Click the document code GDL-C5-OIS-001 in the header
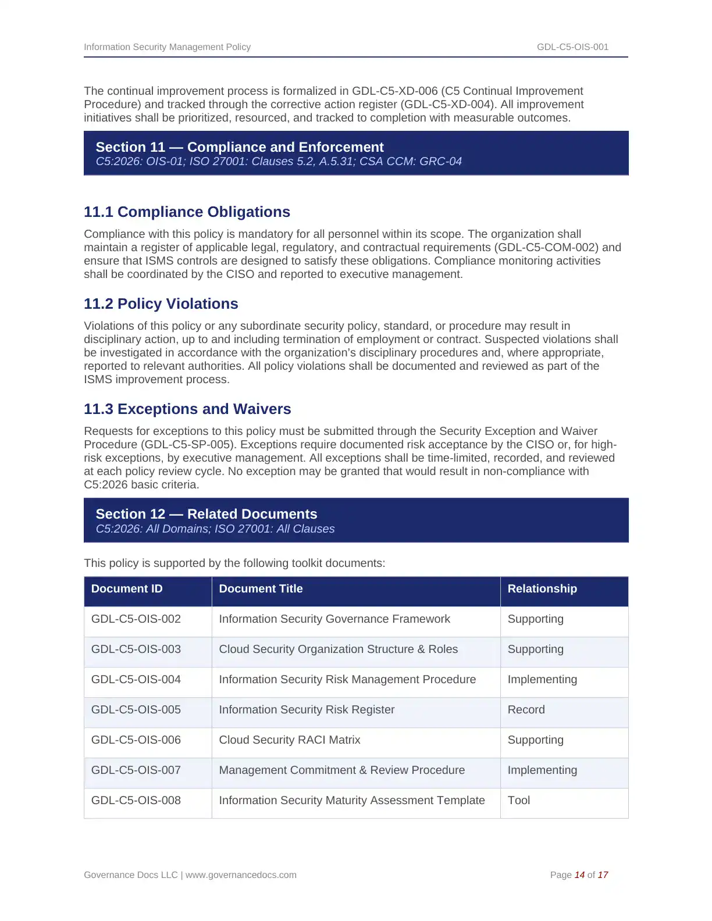pos(572,47)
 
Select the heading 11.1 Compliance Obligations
pos(187,212)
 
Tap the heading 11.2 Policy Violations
pos(161,304)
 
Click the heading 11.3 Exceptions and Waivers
pos(187,409)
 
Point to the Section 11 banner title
pos(240,148)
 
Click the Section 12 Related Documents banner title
pos(207,515)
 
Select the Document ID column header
pos(127,589)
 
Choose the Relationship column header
pos(542,589)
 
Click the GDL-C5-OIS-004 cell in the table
pos(136,680)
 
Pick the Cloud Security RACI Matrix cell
pos(290,740)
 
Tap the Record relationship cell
pos(526,710)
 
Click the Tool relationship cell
pos(519,801)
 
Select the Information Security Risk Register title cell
pos(307,710)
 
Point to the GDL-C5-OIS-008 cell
pos(136,801)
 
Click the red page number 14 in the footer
pos(579,875)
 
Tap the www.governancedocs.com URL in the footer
pos(241,875)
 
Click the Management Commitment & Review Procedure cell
pos(342,770)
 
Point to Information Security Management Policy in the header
pos(168,47)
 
